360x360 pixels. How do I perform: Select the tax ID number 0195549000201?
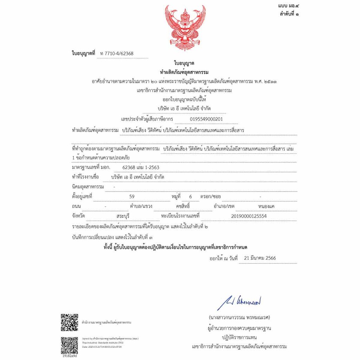coord(206,119)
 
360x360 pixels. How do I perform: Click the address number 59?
coord(132,196)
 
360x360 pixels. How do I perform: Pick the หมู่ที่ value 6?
coord(191,196)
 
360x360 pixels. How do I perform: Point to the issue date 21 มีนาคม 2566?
coord(262,258)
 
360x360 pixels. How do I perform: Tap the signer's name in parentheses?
coord(239,317)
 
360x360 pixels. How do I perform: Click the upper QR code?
coord(69,322)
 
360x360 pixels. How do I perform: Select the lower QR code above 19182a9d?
coord(69,344)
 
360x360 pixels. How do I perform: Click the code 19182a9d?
coord(69,356)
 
